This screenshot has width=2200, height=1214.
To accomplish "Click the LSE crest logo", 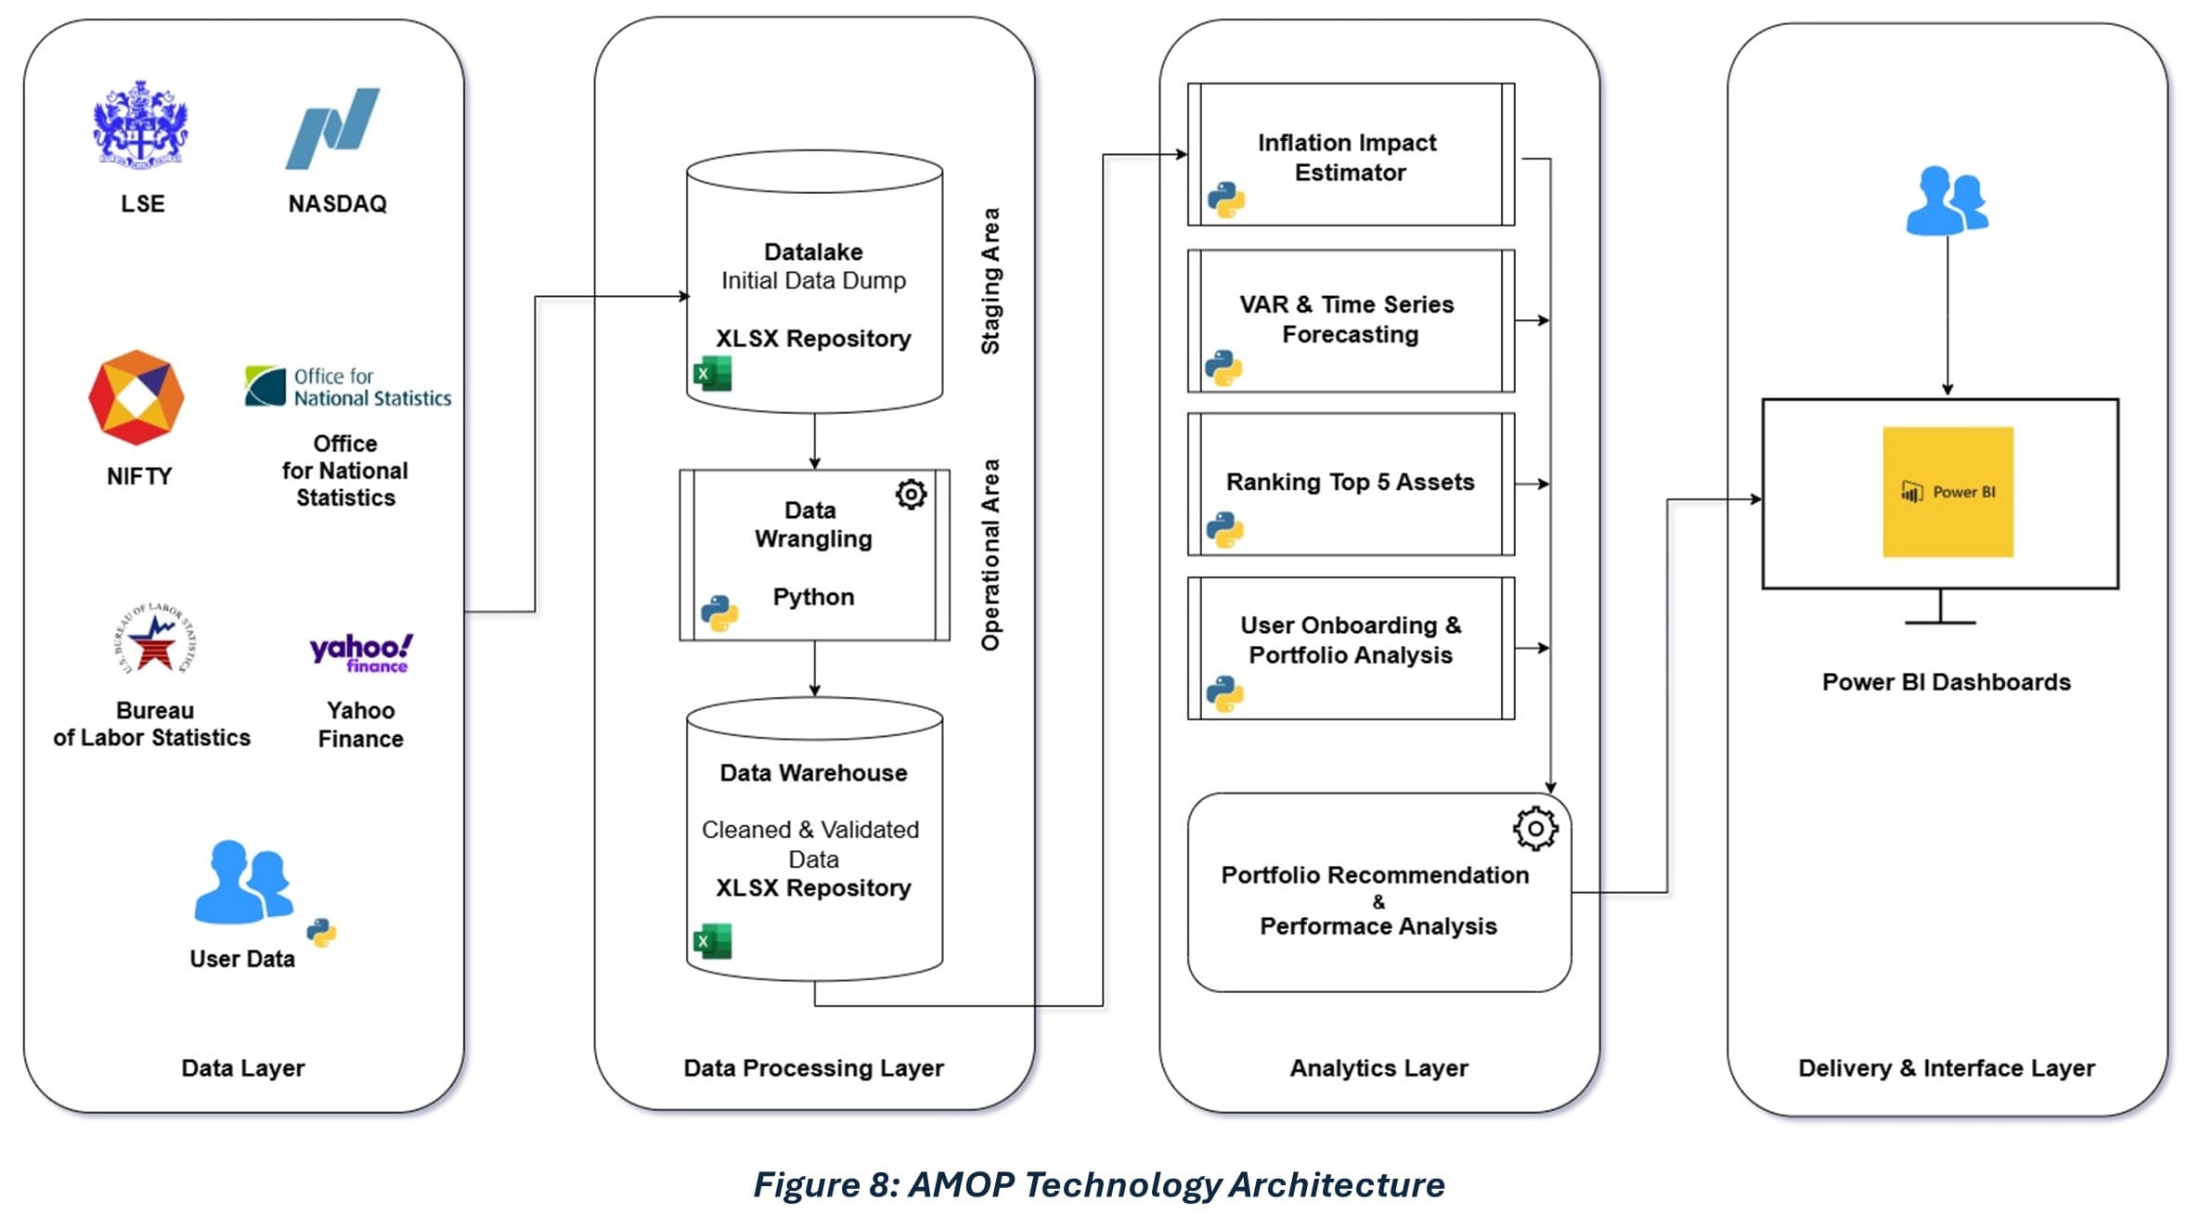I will pyautogui.click(x=140, y=124).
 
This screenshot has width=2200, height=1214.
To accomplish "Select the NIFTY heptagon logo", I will pyautogui.click(x=136, y=397).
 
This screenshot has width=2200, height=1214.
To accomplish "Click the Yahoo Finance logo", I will pyautogui.click(x=360, y=652).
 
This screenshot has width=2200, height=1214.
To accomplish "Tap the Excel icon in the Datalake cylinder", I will pyautogui.click(x=712, y=374).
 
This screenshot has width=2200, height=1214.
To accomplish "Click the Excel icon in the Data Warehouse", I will pyautogui.click(x=712, y=941).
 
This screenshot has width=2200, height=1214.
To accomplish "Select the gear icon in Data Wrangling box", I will pyautogui.click(x=911, y=494).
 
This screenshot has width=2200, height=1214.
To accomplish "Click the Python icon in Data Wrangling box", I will pyautogui.click(x=719, y=613).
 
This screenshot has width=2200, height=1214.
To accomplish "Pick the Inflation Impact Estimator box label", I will pyautogui.click(x=1348, y=157).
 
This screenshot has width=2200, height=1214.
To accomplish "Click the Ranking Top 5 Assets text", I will pyautogui.click(x=1350, y=482).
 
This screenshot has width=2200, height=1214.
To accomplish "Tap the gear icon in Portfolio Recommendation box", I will pyautogui.click(x=1535, y=828).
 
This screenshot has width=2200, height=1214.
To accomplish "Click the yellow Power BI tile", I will pyautogui.click(x=1948, y=492).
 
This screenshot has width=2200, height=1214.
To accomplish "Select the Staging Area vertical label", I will pyautogui.click(x=990, y=280).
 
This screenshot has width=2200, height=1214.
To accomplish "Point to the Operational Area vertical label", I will pyautogui.click(x=990, y=554).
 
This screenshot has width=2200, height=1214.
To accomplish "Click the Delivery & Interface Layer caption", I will pyautogui.click(x=1946, y=1067).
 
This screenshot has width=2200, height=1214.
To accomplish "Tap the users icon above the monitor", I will pyautogui.click(x=1947, y=200).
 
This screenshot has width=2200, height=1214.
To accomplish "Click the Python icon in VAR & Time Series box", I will pyautogui.click(x=1223, y=368).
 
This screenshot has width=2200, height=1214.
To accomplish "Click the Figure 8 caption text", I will pyautogui.click(x=1098, y=1184).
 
